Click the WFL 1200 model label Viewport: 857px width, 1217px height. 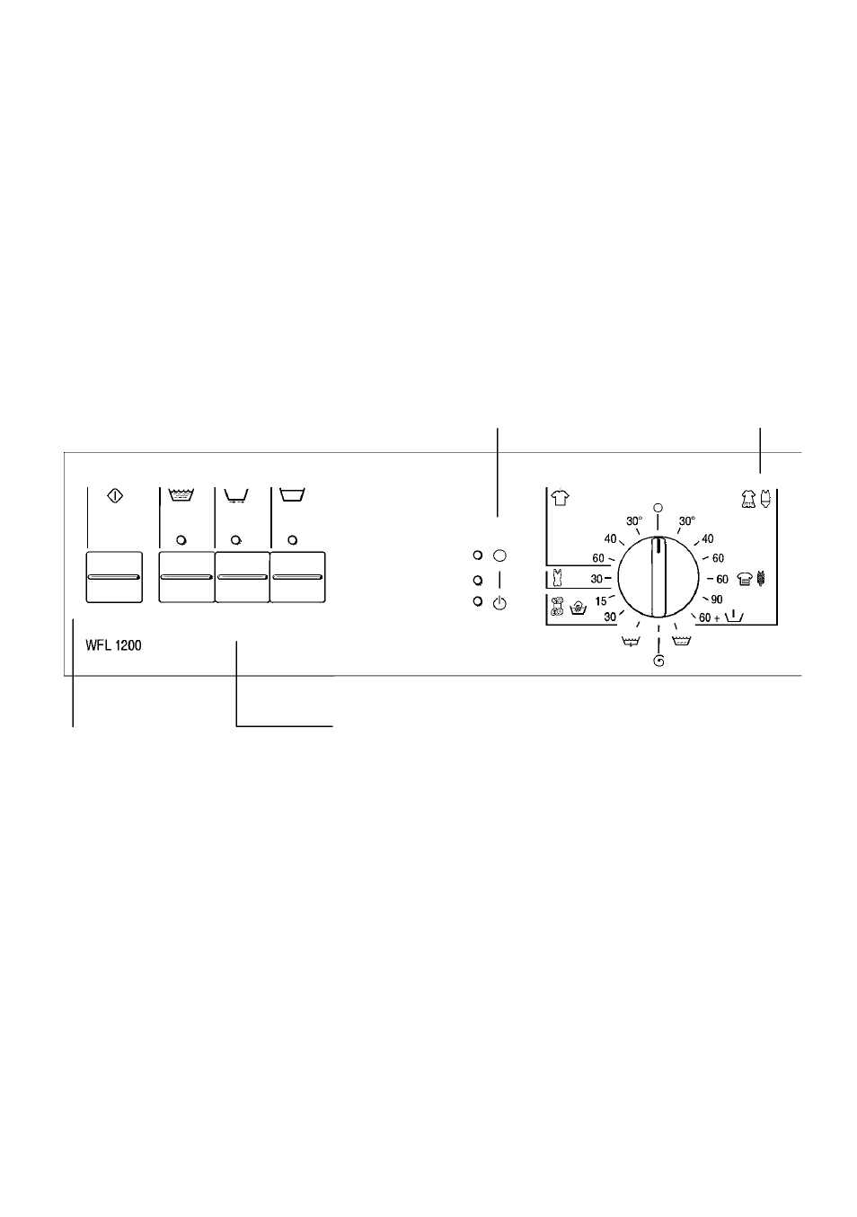[113, 645]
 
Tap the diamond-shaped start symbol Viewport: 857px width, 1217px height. [115, 495]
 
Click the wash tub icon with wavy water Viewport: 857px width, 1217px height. [182, 494]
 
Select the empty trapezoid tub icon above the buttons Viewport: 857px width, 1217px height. [292, 494]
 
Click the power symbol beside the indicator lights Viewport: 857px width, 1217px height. [499, 603]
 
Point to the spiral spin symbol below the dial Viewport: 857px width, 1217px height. [658, 661]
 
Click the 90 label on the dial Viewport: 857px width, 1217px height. [716, 600]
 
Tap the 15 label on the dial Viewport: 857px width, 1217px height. [601, 601]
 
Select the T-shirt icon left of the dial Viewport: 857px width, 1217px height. [560, 497]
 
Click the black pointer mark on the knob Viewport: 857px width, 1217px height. [658, 545]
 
